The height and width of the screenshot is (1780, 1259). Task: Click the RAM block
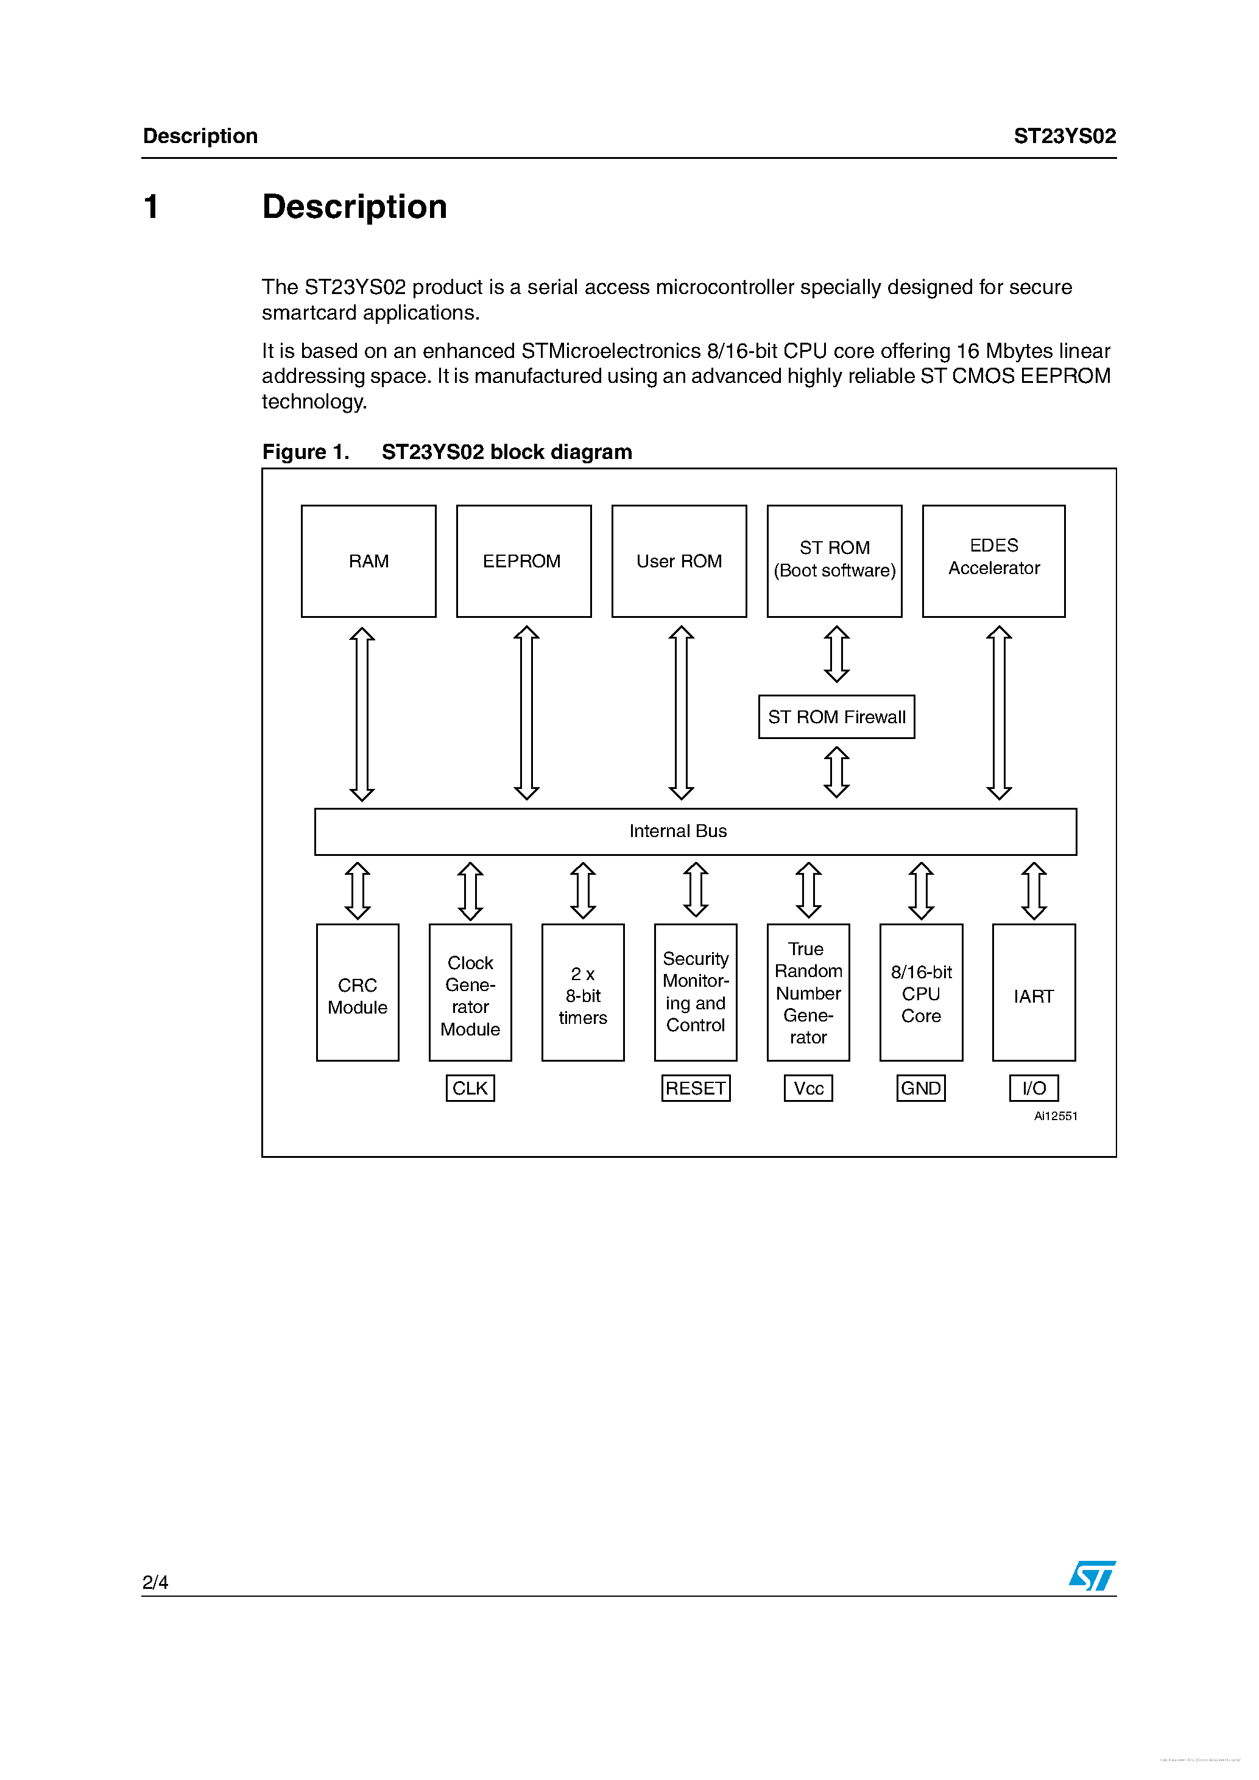point(369,561)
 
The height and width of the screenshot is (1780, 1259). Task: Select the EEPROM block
point(524,561)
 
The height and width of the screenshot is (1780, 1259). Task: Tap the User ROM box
point(679,561)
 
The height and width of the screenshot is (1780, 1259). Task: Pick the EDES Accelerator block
point(993,561)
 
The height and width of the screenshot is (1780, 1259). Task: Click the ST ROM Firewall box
point(836,717)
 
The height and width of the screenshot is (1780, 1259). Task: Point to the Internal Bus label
point(678,831)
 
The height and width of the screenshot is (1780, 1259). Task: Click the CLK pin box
point(470,1088)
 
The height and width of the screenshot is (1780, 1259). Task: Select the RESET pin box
point(696,1088)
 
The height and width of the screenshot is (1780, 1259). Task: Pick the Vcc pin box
point(808,1088)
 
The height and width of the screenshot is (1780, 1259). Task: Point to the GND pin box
point(921,1088)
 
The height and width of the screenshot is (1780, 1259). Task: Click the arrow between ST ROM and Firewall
point(836,654)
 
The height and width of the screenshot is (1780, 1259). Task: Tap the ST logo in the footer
point(1092,1576)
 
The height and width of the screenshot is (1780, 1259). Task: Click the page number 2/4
point(155,1582)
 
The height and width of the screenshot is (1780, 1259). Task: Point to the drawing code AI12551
point(1055,1116)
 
